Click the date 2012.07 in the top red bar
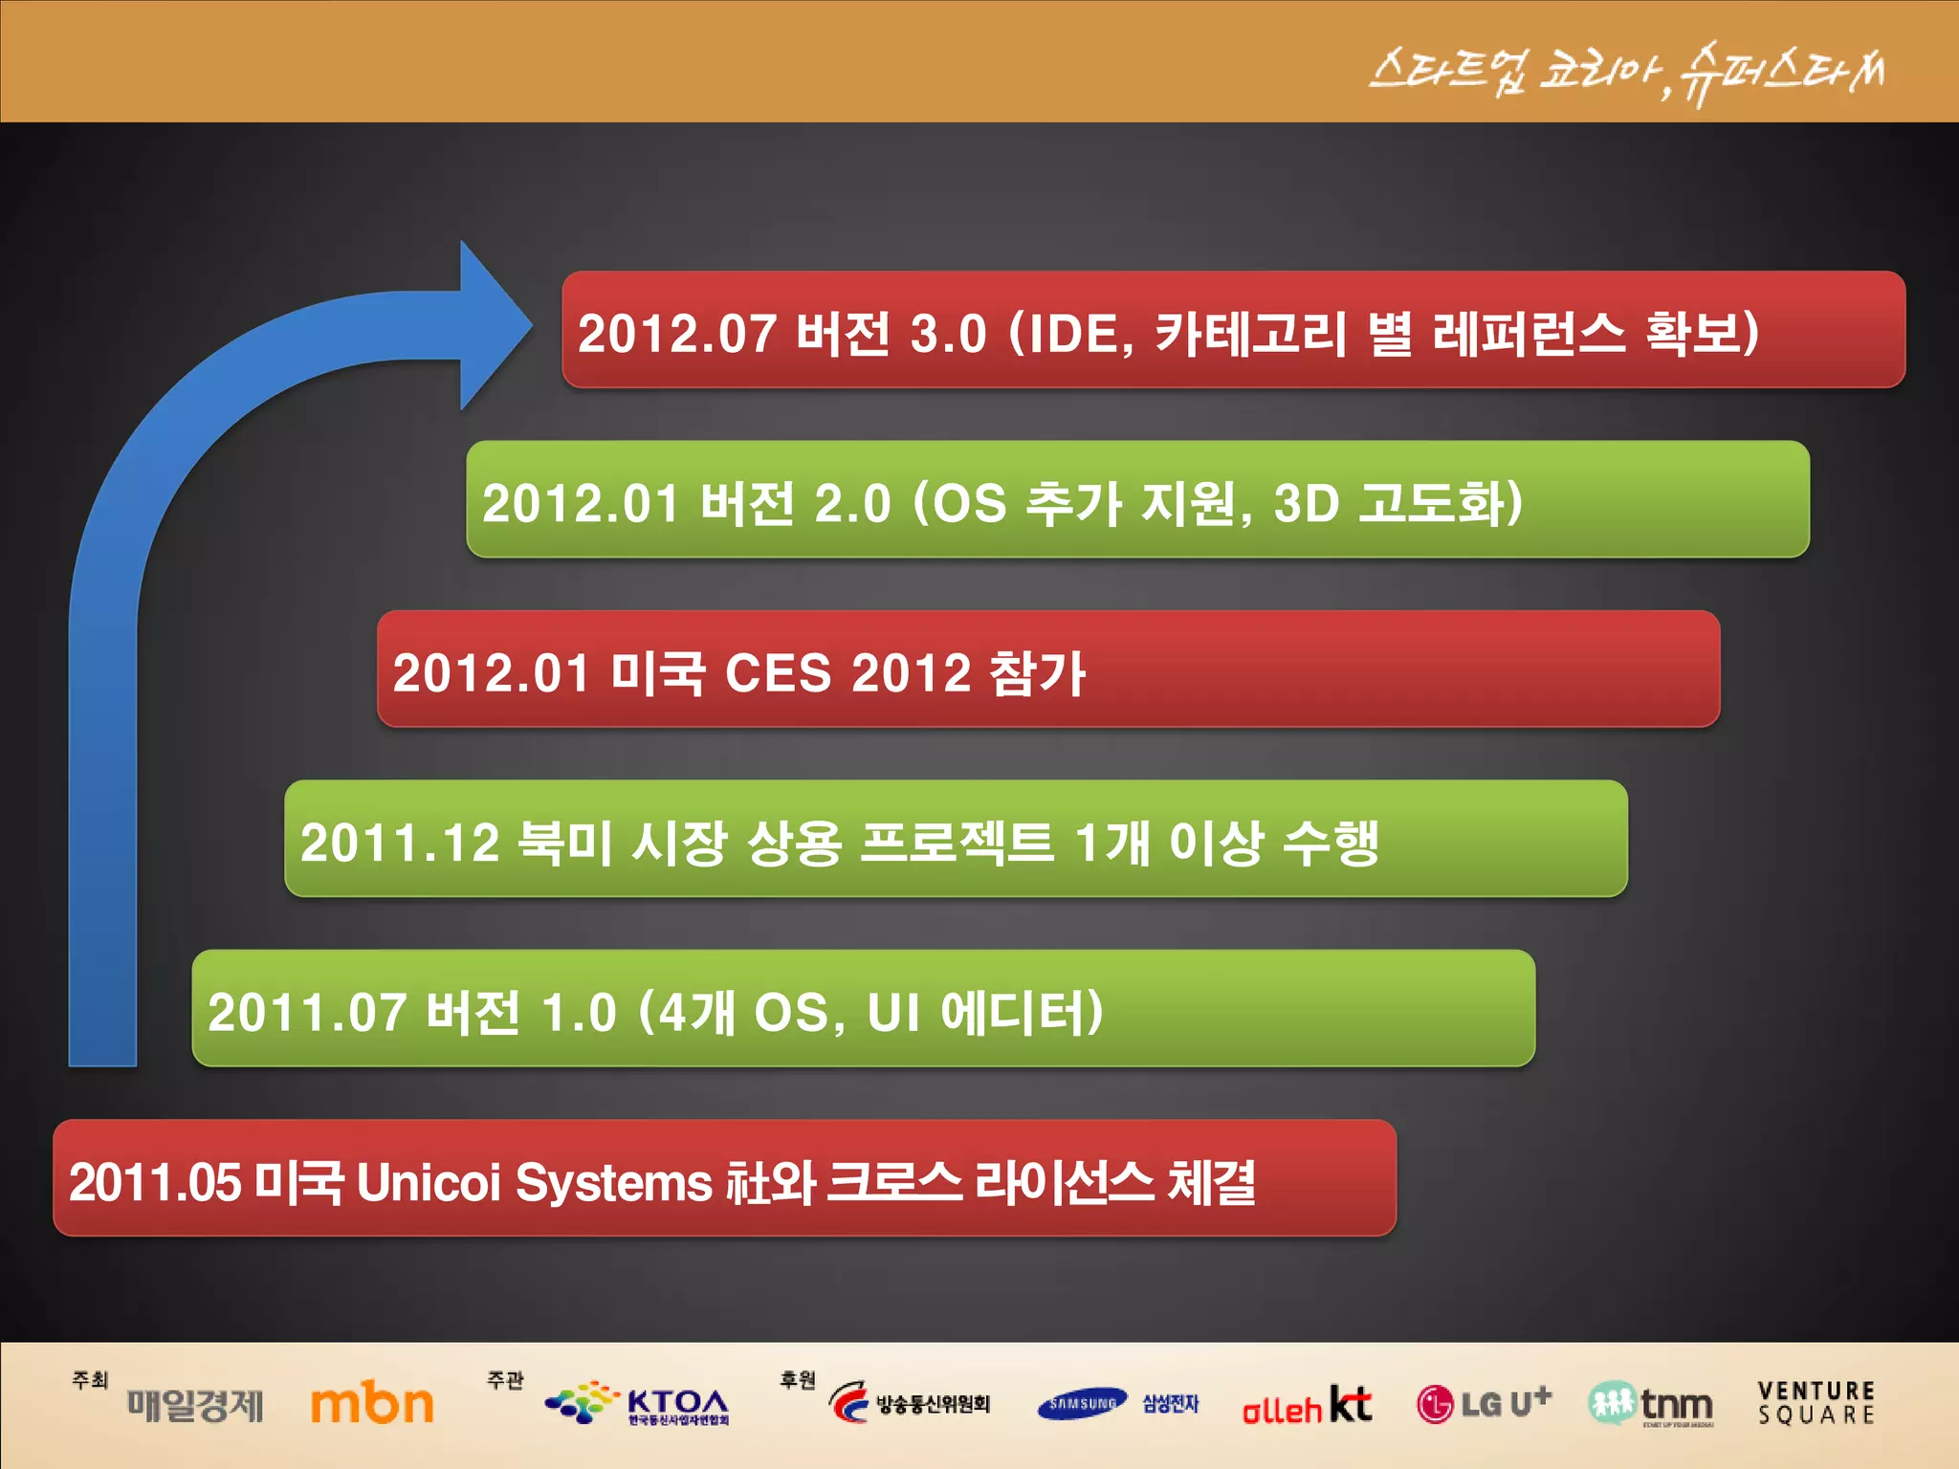[676, 334]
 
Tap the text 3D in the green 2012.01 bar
[1306, 503]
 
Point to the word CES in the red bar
[778, 672]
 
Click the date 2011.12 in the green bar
[400, 843]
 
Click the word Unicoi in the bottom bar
[429, 1182]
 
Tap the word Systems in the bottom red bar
[613, 1182]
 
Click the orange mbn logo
[372, 1404]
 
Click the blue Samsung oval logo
[1082, 1404]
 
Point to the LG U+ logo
[1484, 1403]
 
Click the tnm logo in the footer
[1650, 1404]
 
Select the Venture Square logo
[1816, 1403]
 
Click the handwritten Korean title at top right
[1626, 72]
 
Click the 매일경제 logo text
[195, 1405]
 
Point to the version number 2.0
[851, 503]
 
